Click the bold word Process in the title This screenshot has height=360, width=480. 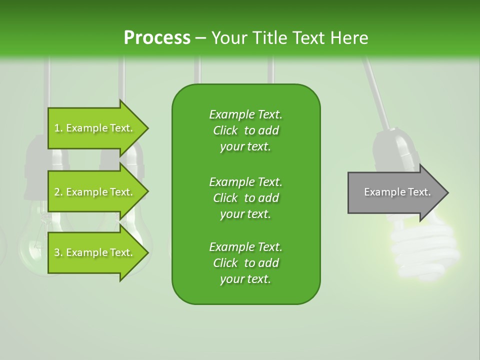click(x=157, y=37)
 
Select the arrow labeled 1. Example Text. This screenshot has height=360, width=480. click(x=95, y=128)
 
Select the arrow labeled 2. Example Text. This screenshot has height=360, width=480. click(x=95, y=192)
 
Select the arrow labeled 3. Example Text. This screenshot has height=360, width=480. click(x=95, y=252)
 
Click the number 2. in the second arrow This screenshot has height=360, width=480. click(x=58, y=192)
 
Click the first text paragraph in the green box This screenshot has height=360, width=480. click(x=245, y=130)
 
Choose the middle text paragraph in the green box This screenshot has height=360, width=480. click(x=245, y=197)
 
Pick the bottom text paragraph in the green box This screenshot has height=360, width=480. click(x=245, y=263)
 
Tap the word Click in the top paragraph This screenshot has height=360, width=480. click(x=225, y=130)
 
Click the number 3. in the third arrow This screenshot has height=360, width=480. click(x=58, y=252)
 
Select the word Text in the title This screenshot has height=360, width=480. click(x=309, y=37)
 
